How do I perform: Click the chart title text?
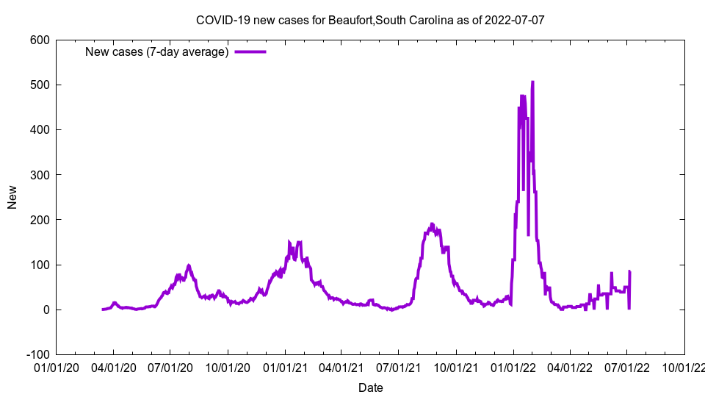(370, 20)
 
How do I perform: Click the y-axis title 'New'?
(12, 197)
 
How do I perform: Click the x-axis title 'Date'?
(370, 387)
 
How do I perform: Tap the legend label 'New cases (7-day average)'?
(157, 51)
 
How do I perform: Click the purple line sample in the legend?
(250, 51)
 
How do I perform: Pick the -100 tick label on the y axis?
(37, 354)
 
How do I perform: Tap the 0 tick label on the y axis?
(46, 310)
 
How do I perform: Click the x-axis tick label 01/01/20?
(56, 367)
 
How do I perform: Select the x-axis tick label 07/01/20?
(170, 367)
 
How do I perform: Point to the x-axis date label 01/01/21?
(285, 367)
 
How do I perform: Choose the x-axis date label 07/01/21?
(399, 367)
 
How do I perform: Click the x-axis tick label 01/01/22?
(513, 367)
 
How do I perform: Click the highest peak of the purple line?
(532, 82)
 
